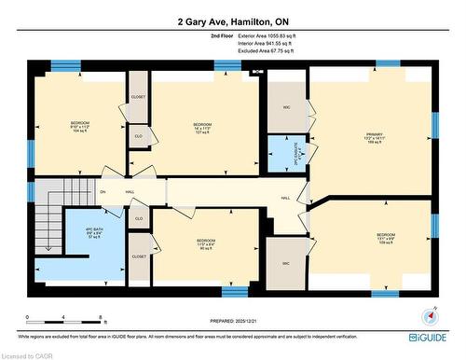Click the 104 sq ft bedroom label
[79, 128]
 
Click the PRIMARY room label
[374, 140]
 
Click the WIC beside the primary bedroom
[286, 108]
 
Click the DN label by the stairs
[103, 192]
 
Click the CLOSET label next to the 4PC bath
[138, 256]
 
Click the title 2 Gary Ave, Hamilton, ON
[233, 21]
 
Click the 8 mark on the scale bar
[102, 318]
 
